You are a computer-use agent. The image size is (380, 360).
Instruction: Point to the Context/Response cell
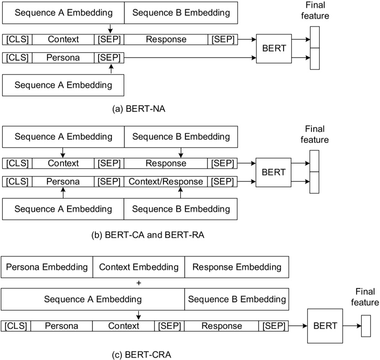[x=166, y=181]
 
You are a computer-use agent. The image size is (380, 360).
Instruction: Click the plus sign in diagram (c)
[x=139, y=283]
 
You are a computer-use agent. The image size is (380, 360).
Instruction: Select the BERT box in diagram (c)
[x=325, y=326]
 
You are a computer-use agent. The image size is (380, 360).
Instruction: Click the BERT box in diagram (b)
[x=273, y=172]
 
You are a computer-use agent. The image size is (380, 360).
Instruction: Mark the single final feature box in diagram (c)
[x=366, y=326]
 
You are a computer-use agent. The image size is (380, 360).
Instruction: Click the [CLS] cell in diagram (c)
[x=16, y=326]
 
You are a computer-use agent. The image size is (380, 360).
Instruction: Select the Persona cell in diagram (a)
[x=63, y=58]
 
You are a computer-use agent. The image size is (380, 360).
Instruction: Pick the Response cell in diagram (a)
[x=166, y=39]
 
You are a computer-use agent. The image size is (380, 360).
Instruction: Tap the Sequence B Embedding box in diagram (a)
[x=181, y=13]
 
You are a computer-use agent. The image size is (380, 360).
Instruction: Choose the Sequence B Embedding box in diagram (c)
[x=237, y=300]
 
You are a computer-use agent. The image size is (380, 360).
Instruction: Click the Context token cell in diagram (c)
[x=123, y=326]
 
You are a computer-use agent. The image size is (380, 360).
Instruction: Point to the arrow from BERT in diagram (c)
[x=352, y=326]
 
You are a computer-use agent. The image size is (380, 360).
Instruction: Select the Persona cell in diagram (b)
[x=63, y=181]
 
